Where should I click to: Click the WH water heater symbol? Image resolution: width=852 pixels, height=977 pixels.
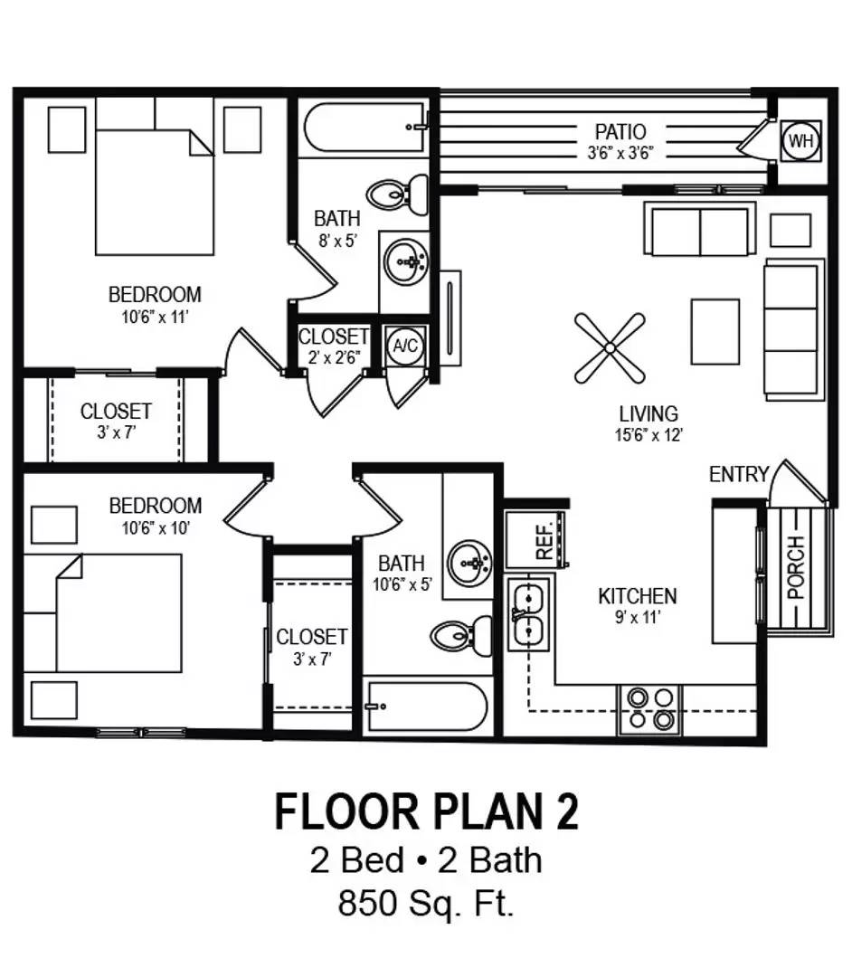pos(800,141)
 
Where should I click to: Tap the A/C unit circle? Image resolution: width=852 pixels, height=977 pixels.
pos(403,345)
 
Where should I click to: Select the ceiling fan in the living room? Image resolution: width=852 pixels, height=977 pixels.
pos(610,347)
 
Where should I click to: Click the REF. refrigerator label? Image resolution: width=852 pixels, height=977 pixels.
pos(544,541)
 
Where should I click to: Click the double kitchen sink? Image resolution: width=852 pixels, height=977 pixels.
pos(528,614)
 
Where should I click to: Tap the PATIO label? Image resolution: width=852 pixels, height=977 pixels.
pos(620,132)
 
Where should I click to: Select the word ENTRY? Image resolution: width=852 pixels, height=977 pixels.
pos(738,474)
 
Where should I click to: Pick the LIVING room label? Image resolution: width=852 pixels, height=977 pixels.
pos(648,414)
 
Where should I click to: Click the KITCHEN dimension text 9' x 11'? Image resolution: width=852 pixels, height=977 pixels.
pos(638,620)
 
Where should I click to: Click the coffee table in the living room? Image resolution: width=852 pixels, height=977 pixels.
pos(715,330)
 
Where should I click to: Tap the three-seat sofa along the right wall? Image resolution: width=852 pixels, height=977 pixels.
pos(793,329)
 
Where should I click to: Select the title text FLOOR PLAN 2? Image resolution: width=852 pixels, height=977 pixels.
pos(426,811)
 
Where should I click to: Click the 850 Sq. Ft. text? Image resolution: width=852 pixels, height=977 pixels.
pos(426,904)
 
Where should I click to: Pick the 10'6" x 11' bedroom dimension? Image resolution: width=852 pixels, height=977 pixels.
pos(155,316)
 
